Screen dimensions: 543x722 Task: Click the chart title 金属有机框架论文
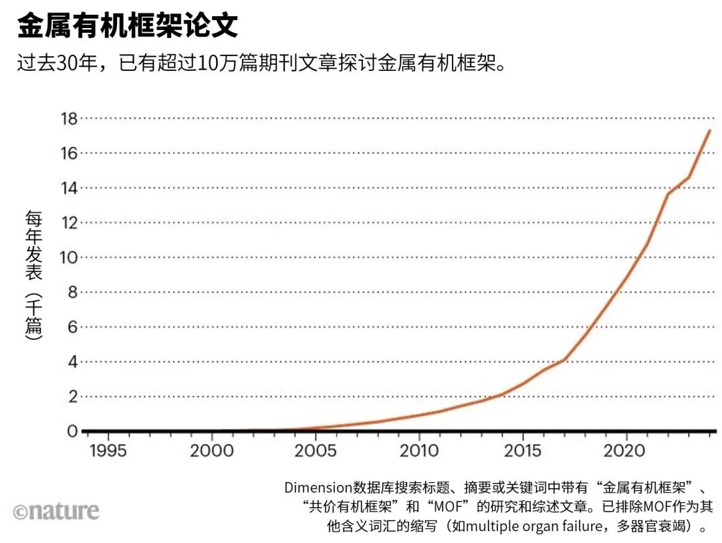[127, 27]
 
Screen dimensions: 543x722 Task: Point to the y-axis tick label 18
[69, 118]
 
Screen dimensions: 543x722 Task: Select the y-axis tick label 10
[69, 257]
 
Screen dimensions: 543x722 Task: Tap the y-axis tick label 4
[73, 362]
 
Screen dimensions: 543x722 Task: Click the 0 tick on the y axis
[73, 431]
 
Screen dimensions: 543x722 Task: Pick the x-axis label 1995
[108, 451]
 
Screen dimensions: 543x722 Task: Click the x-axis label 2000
[212, 451]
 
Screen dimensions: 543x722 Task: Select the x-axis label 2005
[316, 451]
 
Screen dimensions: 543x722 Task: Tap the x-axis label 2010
[419, 451]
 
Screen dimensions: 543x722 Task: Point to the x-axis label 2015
[523, 451]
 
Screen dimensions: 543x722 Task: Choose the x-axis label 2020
[626, 451]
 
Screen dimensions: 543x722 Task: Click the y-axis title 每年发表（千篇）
[34, 276]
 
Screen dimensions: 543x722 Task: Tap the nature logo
[56, 512]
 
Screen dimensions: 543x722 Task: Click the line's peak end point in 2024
[709, 130]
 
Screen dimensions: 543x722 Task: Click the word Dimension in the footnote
[318, 487]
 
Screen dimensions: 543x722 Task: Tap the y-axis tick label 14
[69, 188]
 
